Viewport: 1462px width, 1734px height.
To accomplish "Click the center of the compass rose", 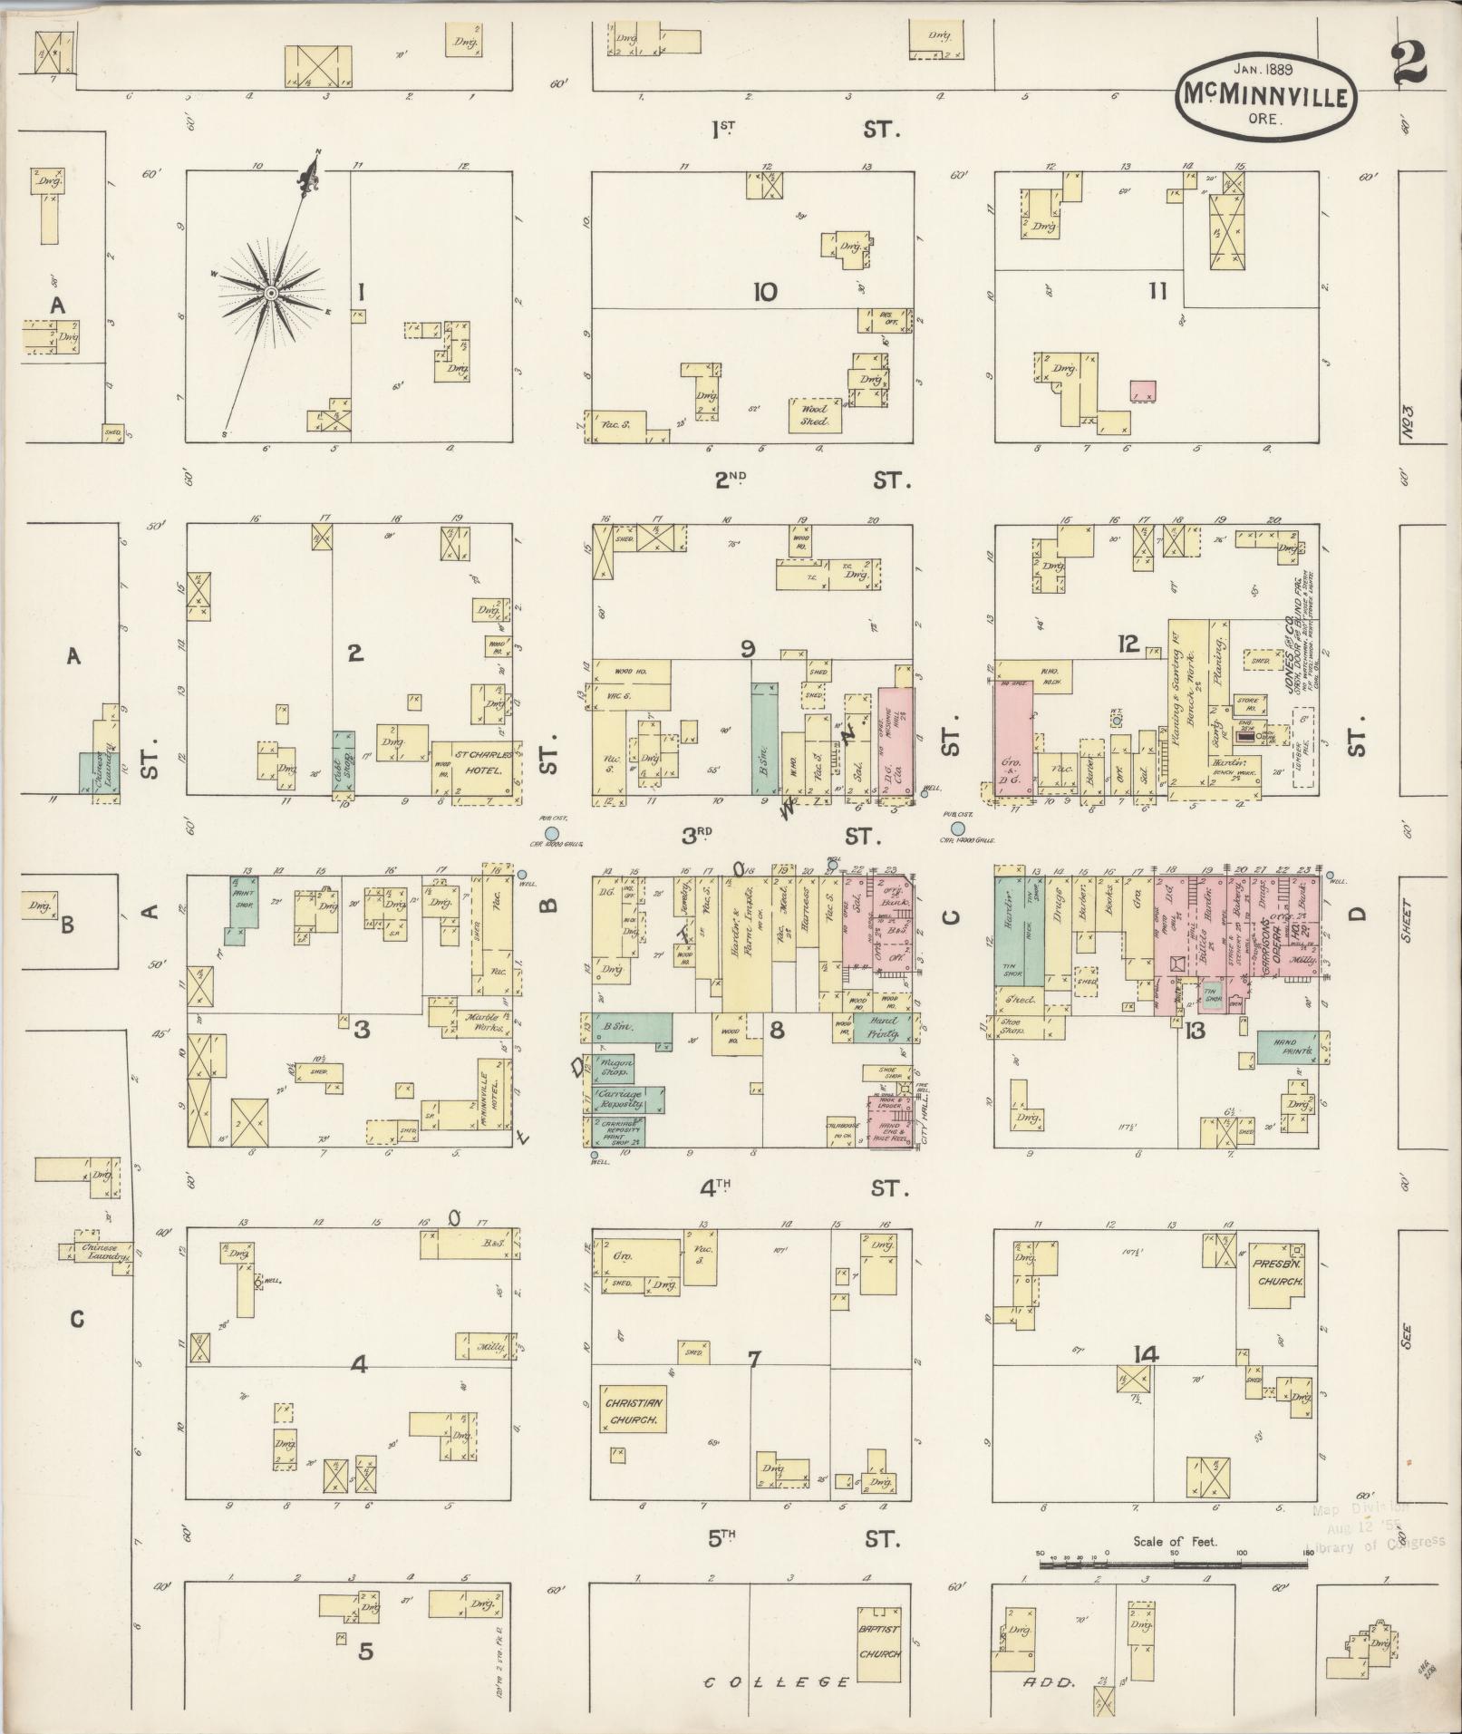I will click(270, 294).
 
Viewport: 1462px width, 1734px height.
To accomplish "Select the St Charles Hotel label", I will click(478, 761).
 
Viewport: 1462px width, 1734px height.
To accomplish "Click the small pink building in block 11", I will click(1143, 391).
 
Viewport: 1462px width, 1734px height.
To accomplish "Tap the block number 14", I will click(1146, 1354).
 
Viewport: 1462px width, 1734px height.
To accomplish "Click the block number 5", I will click(364, 1652).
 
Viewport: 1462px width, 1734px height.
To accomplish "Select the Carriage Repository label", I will click(622, 1099).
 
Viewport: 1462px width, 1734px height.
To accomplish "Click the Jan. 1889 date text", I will click(1264, 66).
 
